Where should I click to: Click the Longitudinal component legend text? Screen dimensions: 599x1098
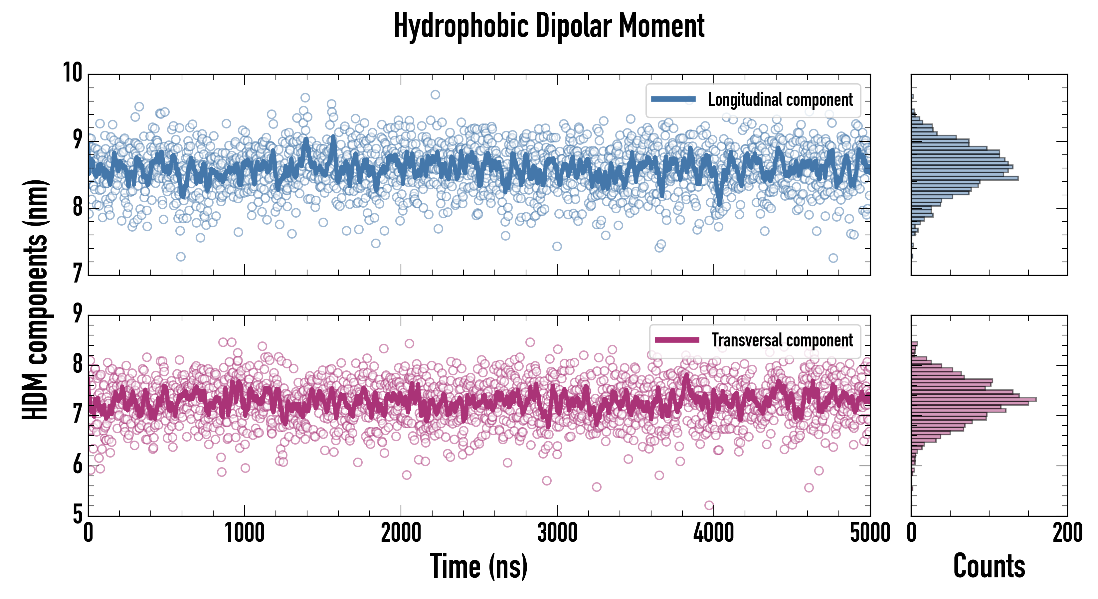tap(780, 100)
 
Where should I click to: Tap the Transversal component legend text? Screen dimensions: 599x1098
tap(782, 340)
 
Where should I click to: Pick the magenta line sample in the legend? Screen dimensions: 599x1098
tap(677, 340)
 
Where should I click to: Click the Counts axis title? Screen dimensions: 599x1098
tap(989, 566)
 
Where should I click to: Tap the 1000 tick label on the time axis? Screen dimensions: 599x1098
tap(245, 533)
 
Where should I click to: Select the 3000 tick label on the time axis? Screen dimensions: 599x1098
tap(557, 533)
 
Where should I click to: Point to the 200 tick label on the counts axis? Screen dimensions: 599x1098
tap(1067, 533)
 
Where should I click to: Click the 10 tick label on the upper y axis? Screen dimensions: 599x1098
tap(73, 73)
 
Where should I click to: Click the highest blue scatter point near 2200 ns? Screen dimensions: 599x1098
tap(435, 95)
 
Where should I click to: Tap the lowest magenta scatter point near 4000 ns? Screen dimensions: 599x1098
tap(709, 505)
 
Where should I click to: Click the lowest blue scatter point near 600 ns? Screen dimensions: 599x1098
tap(181, 257)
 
